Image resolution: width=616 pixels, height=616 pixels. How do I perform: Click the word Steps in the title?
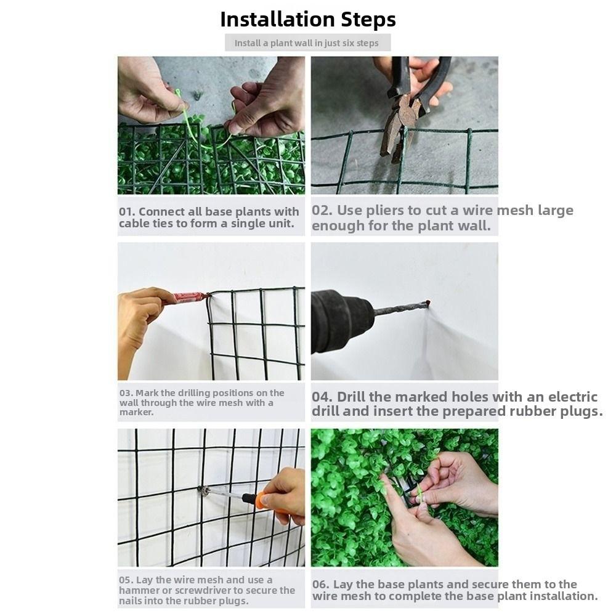(x=368, y=19)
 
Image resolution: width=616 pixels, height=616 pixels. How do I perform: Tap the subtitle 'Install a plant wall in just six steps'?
(x=307, y=43)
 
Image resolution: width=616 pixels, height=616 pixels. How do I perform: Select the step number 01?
(x=126, y=212)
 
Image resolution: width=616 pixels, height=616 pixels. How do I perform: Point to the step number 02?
(x=322, y=211)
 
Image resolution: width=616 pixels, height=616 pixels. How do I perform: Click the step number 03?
(x=126, y=393)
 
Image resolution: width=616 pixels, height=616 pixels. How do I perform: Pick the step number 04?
(x=322, y=397)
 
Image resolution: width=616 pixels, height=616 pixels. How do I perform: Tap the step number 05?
(x=126, y=580)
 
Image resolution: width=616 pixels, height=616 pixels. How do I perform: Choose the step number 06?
(x=320, y=585)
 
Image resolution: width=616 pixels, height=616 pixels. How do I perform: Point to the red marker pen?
(x=188, y=298)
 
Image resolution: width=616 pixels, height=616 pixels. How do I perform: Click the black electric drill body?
(x=336, y=320)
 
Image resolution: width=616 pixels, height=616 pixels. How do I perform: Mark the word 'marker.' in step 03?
(x=136, y=412)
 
